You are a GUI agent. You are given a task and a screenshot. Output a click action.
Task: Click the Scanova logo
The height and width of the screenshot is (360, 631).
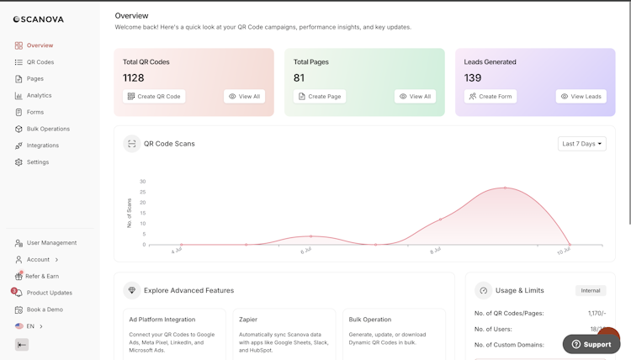[x=38, y=19]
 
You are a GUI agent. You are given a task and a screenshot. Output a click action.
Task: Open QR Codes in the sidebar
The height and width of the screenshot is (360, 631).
[x=40, y=62]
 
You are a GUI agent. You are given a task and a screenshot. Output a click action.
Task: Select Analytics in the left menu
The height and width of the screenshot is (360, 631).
[x=39, y=95]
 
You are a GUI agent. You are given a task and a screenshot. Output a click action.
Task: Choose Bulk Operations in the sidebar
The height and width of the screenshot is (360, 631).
[x=48, y=129]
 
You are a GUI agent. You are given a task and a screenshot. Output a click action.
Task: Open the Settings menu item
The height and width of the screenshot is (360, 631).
[x=37, y=162]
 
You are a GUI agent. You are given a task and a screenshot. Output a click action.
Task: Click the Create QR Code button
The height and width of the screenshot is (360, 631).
[x=154, y=97]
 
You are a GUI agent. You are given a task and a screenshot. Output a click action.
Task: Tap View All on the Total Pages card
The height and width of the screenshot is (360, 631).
[x=415, y=97]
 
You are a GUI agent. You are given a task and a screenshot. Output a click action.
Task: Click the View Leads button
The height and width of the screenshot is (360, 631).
[x=581, y=97]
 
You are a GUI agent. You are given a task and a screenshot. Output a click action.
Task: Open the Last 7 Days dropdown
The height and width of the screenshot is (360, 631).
[x=582, y=144]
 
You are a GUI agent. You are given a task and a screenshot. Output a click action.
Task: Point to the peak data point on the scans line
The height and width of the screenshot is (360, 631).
[x=506, y=188]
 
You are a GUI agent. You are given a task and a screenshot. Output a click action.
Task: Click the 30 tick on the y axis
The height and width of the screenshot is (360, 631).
[x=143, y=182]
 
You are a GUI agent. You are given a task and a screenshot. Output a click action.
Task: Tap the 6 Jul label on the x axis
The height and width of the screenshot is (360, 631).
[x=306, y=251]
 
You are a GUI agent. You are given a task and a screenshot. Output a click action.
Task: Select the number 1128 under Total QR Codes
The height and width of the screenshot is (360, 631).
[x=133, y=78]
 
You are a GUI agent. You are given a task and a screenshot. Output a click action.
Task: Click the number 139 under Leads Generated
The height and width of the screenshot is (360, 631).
[x=473, y=78]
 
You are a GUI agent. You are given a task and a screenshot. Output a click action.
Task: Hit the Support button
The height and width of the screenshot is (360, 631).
[x=591, y=344]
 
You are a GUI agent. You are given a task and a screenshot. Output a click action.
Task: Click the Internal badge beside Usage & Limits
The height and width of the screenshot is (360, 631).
[x=591, y=290]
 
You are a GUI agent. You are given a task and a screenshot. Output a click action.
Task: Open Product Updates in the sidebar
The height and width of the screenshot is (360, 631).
[x=49, y=293]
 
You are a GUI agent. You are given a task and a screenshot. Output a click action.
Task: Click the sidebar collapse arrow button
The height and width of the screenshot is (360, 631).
[x=22, y=345]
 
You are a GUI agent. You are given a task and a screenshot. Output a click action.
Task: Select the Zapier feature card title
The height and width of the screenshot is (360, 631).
[x=248, y=320]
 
